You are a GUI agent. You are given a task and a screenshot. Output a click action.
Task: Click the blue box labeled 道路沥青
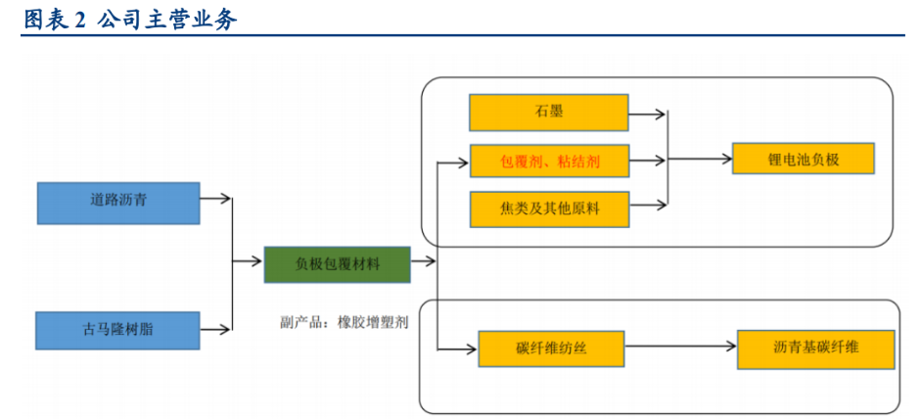(118, 202)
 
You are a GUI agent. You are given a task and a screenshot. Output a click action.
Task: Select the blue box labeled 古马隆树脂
(117, 330)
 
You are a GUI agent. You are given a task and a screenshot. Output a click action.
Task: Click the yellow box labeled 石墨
(548, 113)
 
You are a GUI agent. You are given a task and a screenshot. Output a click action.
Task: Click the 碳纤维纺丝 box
(550, 348)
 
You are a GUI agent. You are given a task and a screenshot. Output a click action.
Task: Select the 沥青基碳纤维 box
(815, 348)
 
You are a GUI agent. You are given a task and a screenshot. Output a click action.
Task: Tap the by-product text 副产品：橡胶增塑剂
(344, 320)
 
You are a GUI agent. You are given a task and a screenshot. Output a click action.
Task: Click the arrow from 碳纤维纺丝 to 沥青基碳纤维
(680, 347)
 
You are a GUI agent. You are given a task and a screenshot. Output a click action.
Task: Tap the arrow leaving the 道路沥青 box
(216, 200)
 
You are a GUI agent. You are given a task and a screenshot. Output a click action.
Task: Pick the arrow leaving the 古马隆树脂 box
(216, 329)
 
